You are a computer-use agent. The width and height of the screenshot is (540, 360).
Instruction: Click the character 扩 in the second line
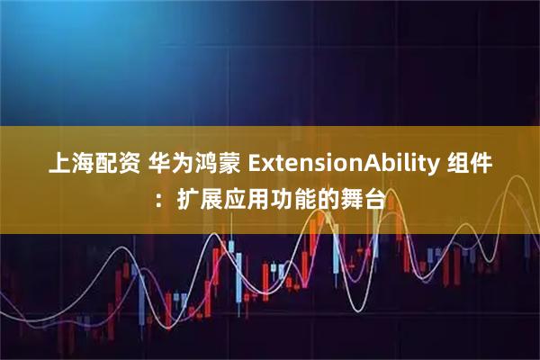[186, 198]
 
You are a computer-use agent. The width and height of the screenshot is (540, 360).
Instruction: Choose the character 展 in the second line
[210, 198]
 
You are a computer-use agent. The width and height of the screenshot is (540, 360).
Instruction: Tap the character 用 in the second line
[256, 198]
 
